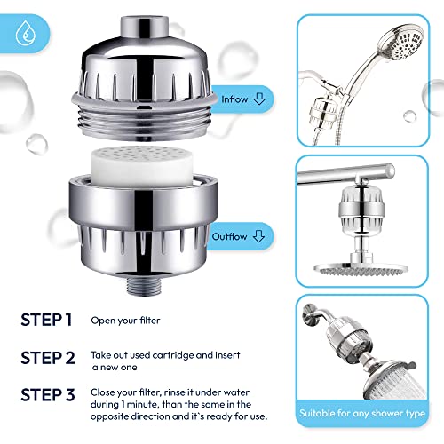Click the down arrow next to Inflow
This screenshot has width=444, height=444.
pos(259,100)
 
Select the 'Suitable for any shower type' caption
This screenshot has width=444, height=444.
pos(364,415)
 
